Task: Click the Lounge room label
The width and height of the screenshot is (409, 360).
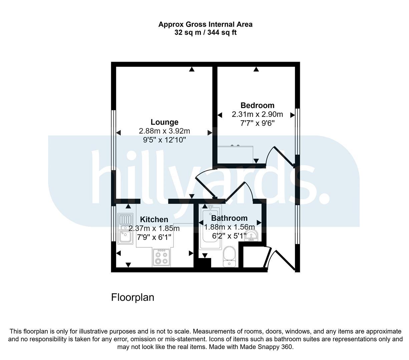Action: tap(164, 122)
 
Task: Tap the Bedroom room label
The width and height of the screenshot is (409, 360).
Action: tap(257, 105)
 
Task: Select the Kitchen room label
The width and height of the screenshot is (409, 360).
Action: tap(154, 219)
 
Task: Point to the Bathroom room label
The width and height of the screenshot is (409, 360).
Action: tap(229, 218)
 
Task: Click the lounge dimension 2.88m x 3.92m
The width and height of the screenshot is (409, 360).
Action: tap(164, 131)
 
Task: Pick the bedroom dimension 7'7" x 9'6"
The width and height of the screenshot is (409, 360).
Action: tap(257, 123)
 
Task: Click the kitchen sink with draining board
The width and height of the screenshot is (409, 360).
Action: tap(125, 229)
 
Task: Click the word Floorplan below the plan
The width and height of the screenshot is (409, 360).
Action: tap(133, 298)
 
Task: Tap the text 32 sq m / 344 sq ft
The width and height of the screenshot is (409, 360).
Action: tap(205, 32)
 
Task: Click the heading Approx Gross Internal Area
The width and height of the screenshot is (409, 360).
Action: tap(205, 24)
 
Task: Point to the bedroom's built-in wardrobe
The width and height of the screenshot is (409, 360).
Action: tap(235, 154)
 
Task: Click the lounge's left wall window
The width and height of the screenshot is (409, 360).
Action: tap(114, 140)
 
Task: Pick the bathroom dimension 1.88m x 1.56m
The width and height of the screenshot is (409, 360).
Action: tap(229, 227)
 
